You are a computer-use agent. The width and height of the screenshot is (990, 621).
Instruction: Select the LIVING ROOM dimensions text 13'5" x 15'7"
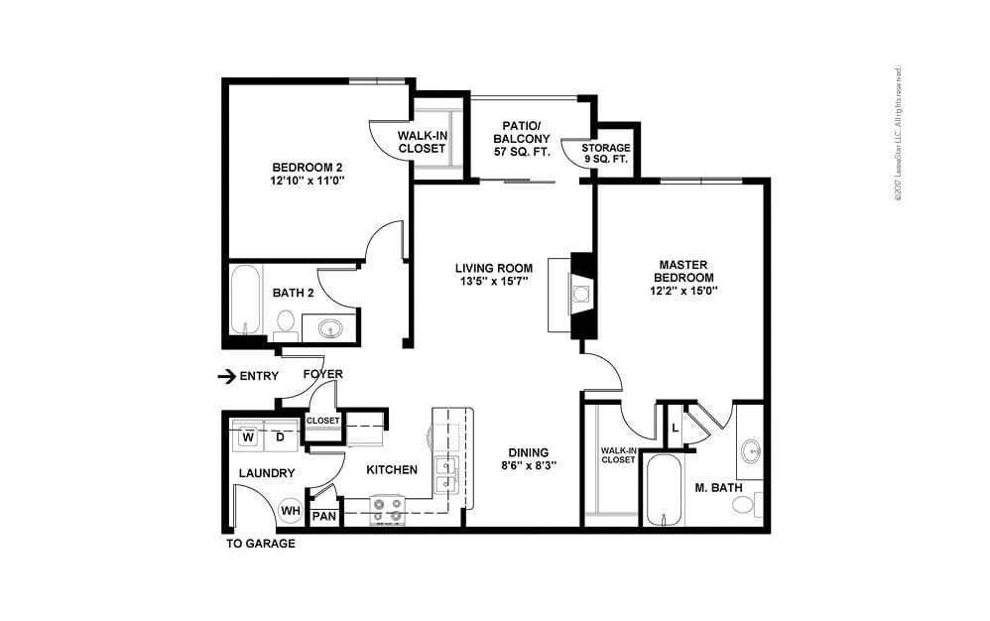tap(493, 282)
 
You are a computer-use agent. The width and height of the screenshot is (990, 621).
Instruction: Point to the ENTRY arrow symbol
tap(226, 376)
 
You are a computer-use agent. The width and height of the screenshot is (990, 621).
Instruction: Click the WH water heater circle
tap(290, 511)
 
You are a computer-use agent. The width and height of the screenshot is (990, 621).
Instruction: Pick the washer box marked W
tap(248, 435)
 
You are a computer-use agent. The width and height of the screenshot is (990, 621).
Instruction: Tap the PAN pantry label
tap(323, 517)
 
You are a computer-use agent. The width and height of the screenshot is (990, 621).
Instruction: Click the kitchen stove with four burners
tap(388, 510)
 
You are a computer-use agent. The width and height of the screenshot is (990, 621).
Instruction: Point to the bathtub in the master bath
tap(663, 490)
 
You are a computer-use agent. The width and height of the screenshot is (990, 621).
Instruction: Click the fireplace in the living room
tap(581, 294)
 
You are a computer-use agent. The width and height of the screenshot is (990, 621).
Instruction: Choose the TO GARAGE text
tap(259, 544)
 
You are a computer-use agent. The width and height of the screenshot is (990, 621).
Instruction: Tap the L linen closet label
tap(675, 427)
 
